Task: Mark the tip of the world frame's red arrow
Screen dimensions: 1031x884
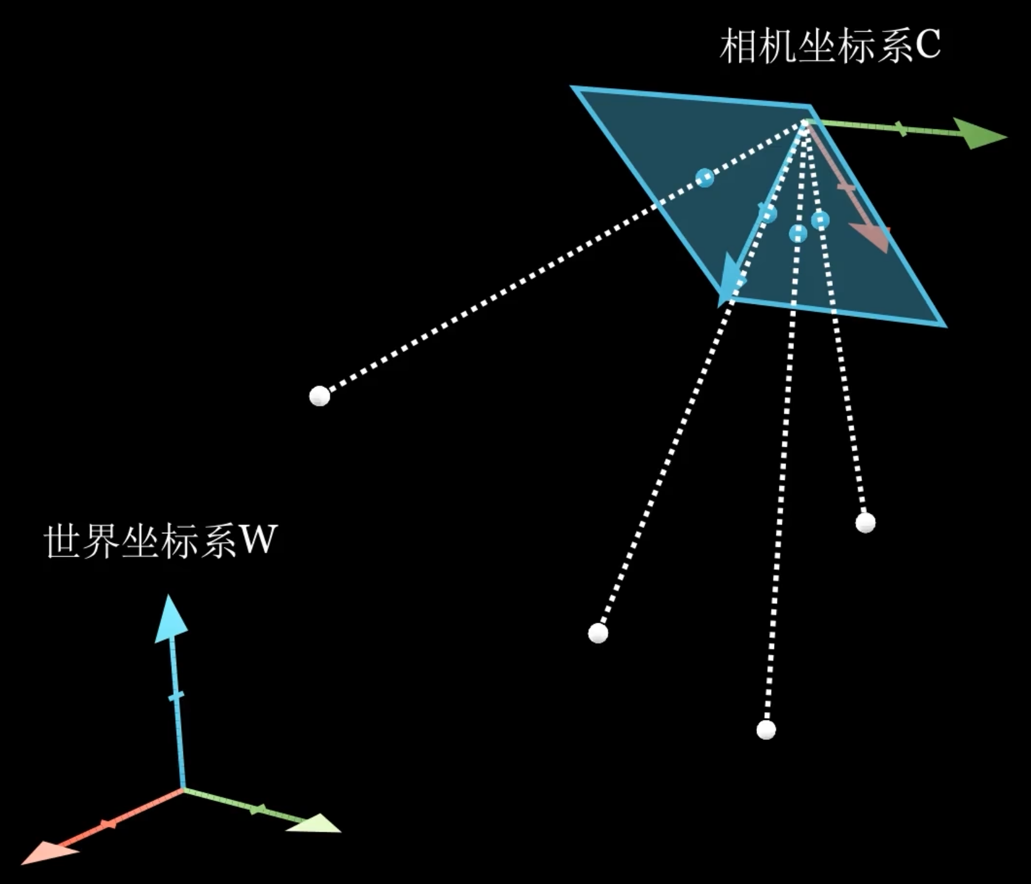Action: click(x=21, y=863)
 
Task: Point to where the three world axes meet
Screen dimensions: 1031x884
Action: click(x=183, y=789)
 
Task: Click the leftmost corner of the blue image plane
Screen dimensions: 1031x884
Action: click(x=571, y=87)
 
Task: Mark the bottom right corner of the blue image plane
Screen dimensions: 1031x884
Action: click(x=946, y=326)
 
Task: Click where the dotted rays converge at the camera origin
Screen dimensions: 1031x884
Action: click(x=806, y=122)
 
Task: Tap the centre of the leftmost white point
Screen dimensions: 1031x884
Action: click(x=320, y=396)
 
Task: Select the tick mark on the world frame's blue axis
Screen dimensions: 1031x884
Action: click(x=176, y=696)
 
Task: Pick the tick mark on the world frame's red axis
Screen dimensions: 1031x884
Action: click(x=109, y=824)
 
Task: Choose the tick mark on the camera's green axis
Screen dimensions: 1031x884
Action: click(x=902, y=128)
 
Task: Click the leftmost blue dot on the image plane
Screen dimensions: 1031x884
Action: click(x=705, y=177)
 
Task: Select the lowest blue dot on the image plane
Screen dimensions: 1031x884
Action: click(x=798, y=233)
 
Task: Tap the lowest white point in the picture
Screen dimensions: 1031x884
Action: click(x=766, y=729)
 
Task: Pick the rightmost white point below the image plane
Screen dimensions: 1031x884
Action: click(x=865, y=523)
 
